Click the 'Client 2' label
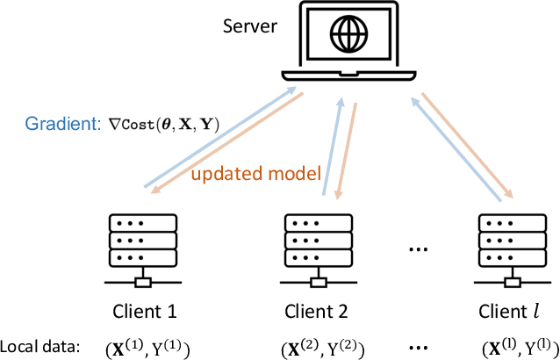[x=317, y=312]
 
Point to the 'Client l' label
[x=506, y=312]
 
